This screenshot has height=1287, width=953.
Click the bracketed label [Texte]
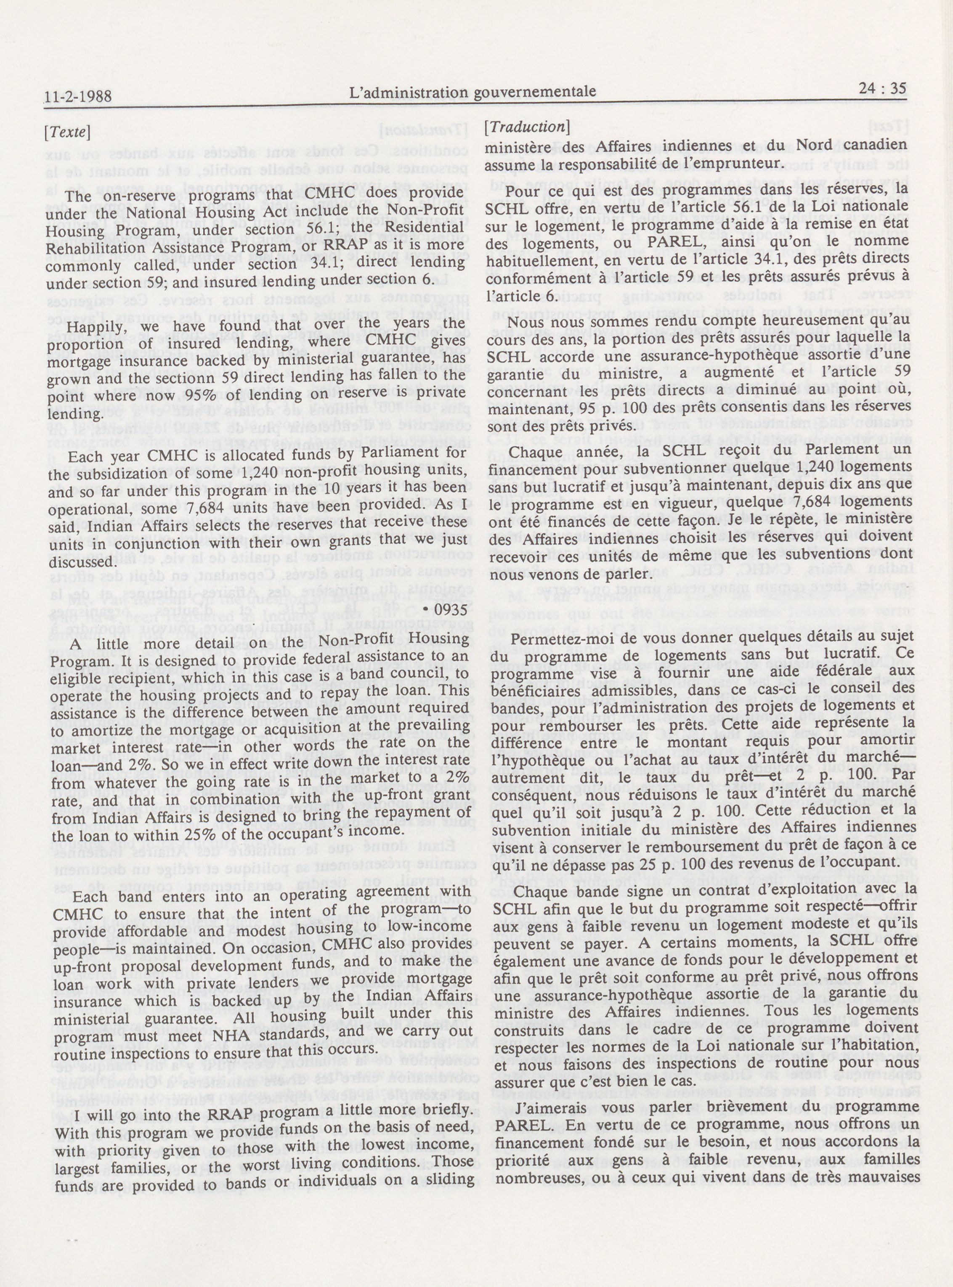67,132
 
